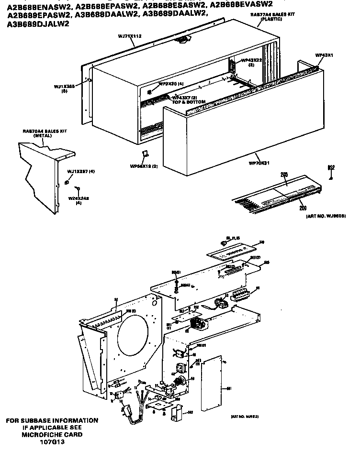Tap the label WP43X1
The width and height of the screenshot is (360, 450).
click(x=324, y=55)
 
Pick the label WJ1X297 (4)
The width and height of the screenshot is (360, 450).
click(x=81, y=171)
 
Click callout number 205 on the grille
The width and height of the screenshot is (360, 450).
click(x=283, y=175)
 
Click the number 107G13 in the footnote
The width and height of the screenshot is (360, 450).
click(x=53, y=441)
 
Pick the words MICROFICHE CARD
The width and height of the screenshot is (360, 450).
click(x=52, y=434)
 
